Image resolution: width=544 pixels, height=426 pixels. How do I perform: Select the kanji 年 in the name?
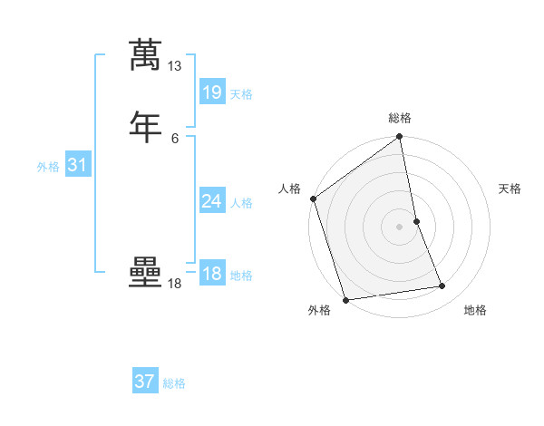(146, 126)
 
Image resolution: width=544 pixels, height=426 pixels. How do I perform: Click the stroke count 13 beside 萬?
(174, 66)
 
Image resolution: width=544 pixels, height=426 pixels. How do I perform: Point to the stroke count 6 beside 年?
(174, 139)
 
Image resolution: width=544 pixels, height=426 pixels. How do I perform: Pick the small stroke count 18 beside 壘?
(174, 284)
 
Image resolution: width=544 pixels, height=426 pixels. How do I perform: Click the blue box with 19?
(211, 92)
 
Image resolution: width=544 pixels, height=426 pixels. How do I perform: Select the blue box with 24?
(211, 201)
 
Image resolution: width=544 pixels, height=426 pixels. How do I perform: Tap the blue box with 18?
(211, 274)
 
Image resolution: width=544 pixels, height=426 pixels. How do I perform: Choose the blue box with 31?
(77, 165)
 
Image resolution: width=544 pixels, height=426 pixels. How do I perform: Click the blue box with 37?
(144, 382)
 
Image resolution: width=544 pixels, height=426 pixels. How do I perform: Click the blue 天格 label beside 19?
(241, 94)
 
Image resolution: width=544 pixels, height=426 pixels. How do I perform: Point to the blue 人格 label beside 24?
(241, 203)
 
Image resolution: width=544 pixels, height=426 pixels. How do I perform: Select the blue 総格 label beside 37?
(174, 383)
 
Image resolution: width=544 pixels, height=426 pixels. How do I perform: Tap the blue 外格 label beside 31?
(48, 167)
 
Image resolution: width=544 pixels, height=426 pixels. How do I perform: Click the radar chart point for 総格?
(400, 138)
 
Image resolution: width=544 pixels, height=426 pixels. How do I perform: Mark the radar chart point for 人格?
(314, 198)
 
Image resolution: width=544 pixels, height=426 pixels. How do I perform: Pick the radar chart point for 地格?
(442, 286)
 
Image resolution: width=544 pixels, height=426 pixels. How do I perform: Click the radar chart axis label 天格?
(510, 189)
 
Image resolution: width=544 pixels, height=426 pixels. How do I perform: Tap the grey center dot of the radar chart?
(400, 227)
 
